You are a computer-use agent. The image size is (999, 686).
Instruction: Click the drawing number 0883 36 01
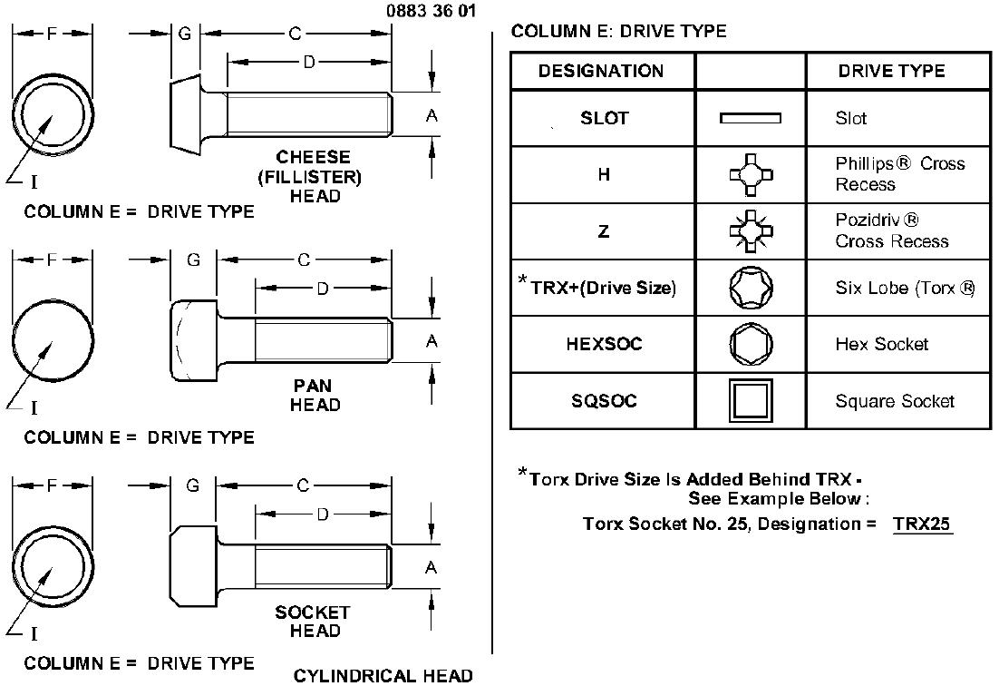coord(431,11)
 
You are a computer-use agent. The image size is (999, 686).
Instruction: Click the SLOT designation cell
coord(604,118)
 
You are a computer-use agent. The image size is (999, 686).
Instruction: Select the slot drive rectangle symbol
coord(750,118)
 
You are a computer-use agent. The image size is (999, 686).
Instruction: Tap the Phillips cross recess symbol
coord(752,174)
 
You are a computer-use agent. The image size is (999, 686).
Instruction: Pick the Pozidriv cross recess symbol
coord(752,230)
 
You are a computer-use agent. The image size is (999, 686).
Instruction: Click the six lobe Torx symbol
coord(752,288)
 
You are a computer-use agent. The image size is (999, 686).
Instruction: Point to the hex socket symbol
coord(752,344)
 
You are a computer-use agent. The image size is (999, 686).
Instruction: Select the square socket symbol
coord(751,400)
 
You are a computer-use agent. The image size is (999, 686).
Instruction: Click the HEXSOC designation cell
coord(604,344)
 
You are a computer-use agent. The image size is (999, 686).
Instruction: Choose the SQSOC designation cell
coord(604,400)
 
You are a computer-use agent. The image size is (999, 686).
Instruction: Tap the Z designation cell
coord(604,230)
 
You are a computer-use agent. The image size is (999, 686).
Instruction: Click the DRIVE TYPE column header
coord(891,71)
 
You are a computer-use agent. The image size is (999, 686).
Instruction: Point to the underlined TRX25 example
coord(922,524)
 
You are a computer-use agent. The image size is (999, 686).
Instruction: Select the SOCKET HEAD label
coord(313,622)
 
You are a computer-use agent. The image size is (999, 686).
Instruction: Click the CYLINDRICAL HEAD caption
coord(383,676)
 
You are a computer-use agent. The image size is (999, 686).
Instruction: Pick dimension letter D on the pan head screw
coord(323,289)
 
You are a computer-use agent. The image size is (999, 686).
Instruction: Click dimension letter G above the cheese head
coord(185,34)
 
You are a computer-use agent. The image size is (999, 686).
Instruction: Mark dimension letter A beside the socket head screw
coord(432,567)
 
